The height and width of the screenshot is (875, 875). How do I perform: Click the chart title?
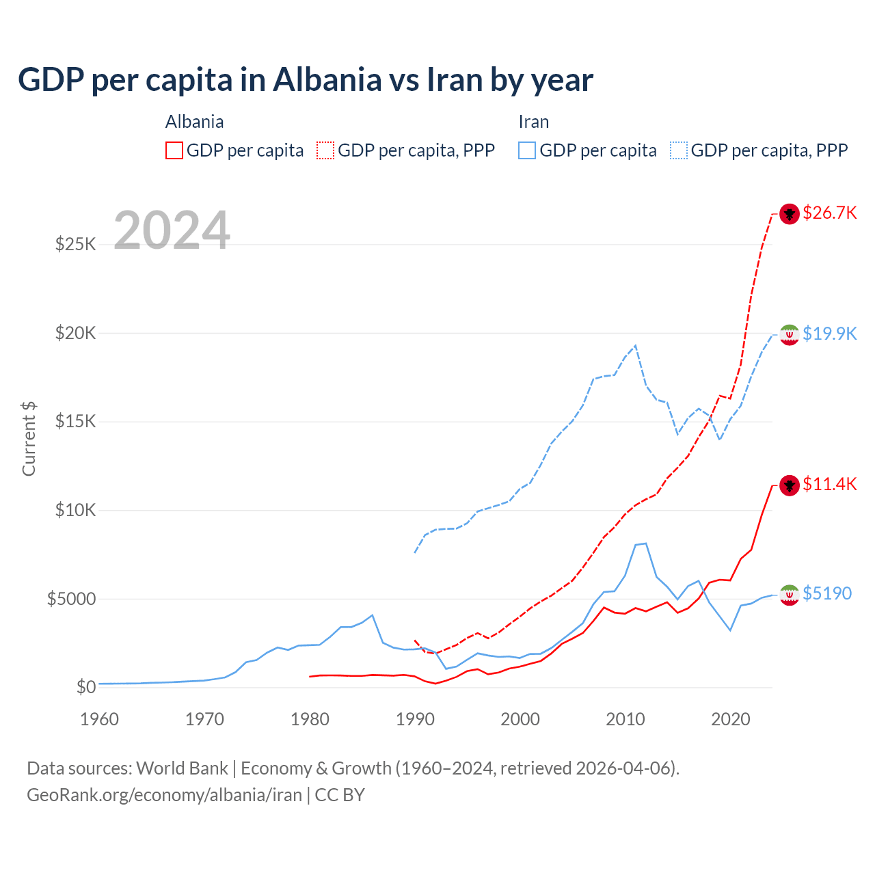coord(306,80)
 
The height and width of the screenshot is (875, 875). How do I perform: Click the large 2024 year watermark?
coord(172,230)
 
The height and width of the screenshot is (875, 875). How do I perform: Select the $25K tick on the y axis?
coord(75,244)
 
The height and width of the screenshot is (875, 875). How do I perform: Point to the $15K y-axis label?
coord(75,421)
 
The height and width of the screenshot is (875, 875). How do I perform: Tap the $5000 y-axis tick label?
coord(71,599)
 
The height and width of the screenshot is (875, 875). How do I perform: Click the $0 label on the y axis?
coord(85,687)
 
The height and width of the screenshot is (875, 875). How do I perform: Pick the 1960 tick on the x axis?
coord(100,719)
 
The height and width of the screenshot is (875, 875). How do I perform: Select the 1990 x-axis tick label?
coord(415,719)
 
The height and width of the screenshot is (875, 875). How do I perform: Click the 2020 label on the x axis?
coord(731,719)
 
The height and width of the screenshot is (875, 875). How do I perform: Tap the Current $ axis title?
coord(29,439)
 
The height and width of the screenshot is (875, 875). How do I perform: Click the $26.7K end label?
coord(829,213)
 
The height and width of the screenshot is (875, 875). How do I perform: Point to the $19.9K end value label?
coord(829,334)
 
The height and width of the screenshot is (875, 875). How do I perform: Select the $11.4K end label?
coord(829,485)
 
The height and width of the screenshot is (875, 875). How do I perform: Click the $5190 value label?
coord(826,593)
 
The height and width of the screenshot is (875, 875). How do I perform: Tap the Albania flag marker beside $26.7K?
coord(790,214)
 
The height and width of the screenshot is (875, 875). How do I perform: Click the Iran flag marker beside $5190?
coord(790,595)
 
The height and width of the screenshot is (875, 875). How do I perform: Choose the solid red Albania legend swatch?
coord(174,150)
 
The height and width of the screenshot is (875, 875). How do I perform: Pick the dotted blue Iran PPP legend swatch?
coord(679,150)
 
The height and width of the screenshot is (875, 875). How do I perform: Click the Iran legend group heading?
coord(533,122)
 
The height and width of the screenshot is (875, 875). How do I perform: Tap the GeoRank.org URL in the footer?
coord(164,795)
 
